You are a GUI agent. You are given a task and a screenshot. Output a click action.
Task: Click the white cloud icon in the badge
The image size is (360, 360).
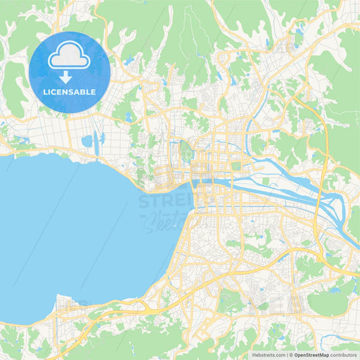click(70, 58)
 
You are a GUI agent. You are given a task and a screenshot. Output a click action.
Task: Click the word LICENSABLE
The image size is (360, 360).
click(70, 92)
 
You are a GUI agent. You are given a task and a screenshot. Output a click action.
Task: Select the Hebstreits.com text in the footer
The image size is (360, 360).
click(269, 354)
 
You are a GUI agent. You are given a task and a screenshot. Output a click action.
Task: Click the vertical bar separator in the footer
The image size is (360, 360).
click(287, 354)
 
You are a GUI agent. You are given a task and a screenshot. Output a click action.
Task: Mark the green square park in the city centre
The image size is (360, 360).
click(236, 165)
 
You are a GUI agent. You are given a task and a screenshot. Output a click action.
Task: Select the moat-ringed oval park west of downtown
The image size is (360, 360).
click(186, 153)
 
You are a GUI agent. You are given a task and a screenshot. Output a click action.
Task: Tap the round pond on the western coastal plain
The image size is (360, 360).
click(86, 141)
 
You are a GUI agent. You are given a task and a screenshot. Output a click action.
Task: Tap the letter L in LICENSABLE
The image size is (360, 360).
click(45, 92)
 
